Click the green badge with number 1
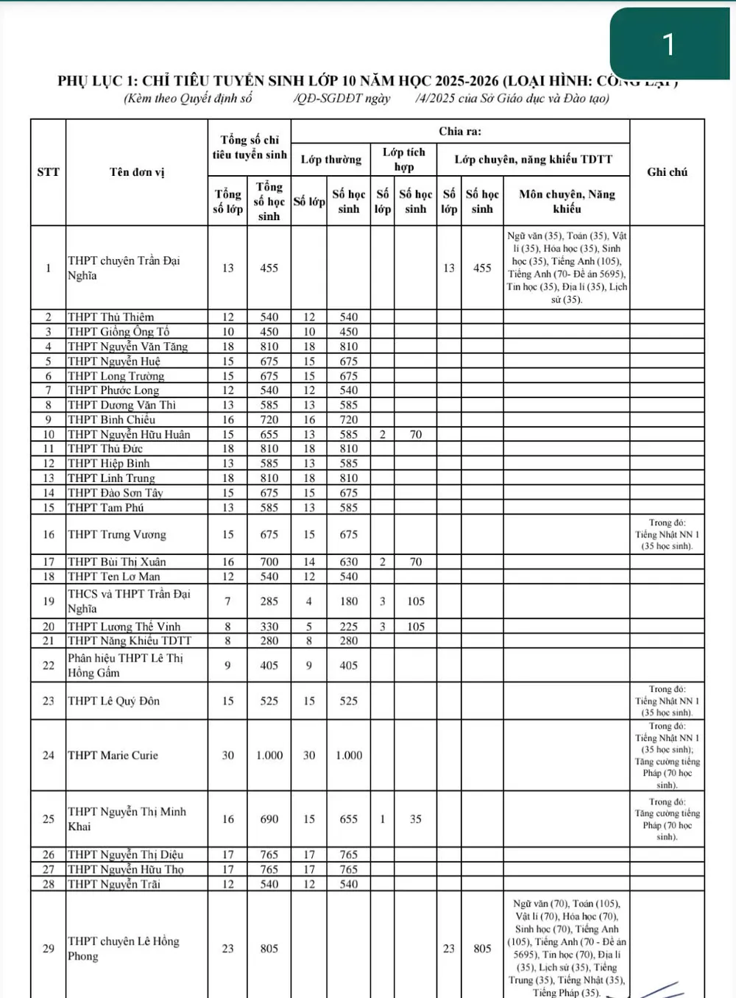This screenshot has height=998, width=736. tap(668, 44)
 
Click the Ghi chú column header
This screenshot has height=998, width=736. tap(667, 172)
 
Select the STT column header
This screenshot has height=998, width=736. tap(48, 172)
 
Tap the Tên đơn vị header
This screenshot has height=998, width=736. tap(137, 172)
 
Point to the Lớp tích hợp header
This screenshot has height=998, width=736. tap(403, 159)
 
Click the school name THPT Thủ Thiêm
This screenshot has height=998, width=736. tap(110, 317)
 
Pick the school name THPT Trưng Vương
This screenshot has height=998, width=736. tap(116, 534)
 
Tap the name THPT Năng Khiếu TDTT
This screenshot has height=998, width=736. tap(129, 641)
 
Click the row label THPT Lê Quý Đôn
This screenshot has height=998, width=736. tap(113, 701)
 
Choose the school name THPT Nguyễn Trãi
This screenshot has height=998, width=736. tap(113, 884)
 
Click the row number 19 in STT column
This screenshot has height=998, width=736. tap(48, 601)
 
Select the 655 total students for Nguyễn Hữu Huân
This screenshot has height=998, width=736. tap(269, 434)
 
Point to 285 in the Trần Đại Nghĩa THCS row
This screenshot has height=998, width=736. tap(269, 601)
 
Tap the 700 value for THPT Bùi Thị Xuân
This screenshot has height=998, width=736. tap(269, 562)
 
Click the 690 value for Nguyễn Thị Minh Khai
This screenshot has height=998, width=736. tap(269, 819)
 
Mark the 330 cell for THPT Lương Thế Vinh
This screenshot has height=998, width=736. tap(269, 626)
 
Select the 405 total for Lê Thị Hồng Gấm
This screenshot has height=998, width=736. tap(269, 665)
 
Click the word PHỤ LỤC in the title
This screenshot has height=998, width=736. tap(96, 81)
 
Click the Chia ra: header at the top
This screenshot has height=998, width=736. tap(459, 131)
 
